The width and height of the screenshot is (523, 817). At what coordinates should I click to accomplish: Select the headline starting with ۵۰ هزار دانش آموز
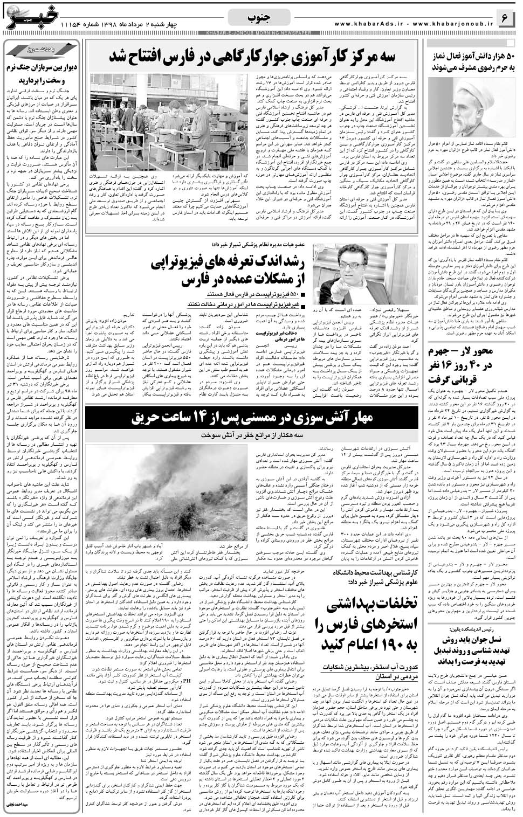click(x=472, y=62)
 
